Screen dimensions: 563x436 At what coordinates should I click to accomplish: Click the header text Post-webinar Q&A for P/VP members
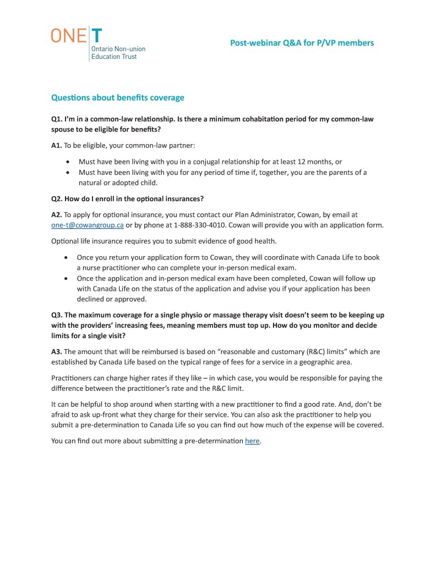tap(302, 43)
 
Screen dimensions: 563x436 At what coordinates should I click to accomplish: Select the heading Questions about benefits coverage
tap(117, 98)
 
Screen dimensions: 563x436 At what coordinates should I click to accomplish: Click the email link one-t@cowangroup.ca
tap(87, 225)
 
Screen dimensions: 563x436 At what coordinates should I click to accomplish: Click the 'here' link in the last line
tap(252, 441)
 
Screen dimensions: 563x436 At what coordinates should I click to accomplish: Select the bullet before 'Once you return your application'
tap(67, 257)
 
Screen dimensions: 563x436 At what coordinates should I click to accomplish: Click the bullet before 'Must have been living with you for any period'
tap(67, 173)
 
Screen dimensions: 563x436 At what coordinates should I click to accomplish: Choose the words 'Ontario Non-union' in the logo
tap(118, 49)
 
